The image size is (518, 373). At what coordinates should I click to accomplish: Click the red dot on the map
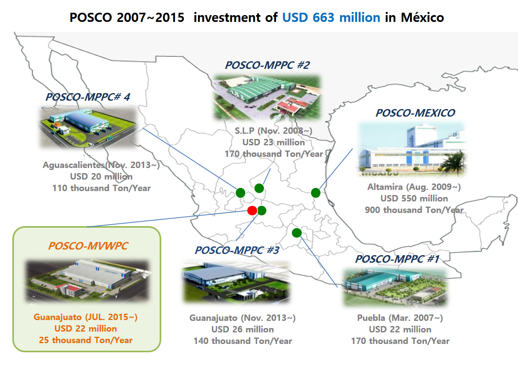pyautogui.click(x=252, y=211)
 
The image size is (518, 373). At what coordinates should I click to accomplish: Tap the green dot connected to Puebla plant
pyautogui.click(x=297, y=232)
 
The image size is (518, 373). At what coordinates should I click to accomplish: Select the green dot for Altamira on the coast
pyautogui.click(x=316, y=193)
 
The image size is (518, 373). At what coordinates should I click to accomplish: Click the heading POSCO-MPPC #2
pyautogui.click(x=267, y=65)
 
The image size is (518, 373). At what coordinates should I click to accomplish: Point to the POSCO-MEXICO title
pyautogui.click(x=415, y=113)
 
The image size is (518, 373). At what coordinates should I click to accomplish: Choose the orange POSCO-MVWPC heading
pyautogui.click(x=88, y=246)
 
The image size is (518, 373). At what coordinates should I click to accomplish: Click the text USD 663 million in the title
pyautogui.click(x=331, y=18)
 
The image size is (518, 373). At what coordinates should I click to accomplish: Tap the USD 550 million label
pyautogui.click(x=414, y=198)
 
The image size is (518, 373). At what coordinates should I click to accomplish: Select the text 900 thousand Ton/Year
pyautogui.click(x=414, y=210)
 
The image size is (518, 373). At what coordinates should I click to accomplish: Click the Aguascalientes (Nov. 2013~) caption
pyautogui.click(x=101, y=165)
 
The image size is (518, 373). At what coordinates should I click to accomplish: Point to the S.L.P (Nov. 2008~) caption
pyautogui.click(x=274, y=131)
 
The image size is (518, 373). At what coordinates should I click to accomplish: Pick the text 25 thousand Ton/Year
pyautogui.click(x=86, y=340)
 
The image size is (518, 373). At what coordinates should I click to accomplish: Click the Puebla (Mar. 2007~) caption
pyautogui.click(x=400, y=318)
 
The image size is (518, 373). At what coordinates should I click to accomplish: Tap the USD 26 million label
pyautogui.click(x=242, y=330)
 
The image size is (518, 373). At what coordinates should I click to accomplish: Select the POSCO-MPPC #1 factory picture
pyautogui.click(x=395, y=287)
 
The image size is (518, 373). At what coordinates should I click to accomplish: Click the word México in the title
pyautogui.click(x=422, y=18)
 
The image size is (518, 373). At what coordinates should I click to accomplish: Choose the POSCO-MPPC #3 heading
pyautogui.click(x=237, y=250)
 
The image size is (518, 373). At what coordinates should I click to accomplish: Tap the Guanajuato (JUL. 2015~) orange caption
pyautogui.click(x=86, y=317)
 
